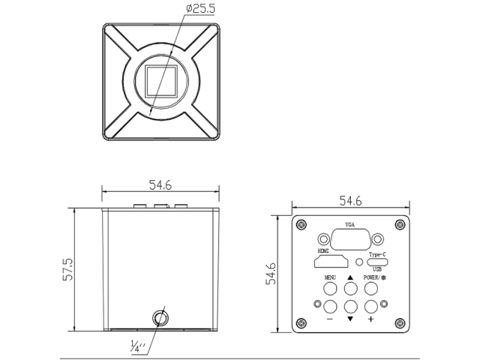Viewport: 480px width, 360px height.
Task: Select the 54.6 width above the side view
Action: (160, 184)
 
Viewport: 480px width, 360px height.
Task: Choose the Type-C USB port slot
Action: (376, 262)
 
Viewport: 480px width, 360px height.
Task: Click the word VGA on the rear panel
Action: (350, 225)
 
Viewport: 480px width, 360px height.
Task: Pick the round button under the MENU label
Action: (330, 288)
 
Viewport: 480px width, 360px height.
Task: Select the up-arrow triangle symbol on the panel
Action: (350, 277)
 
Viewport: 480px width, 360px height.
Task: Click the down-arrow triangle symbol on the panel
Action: (350, 319)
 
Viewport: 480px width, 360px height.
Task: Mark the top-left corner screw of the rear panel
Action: (302, 224)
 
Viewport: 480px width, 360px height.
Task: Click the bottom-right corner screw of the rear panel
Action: (398, 323)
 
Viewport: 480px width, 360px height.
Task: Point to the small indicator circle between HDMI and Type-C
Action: (360, 262)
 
